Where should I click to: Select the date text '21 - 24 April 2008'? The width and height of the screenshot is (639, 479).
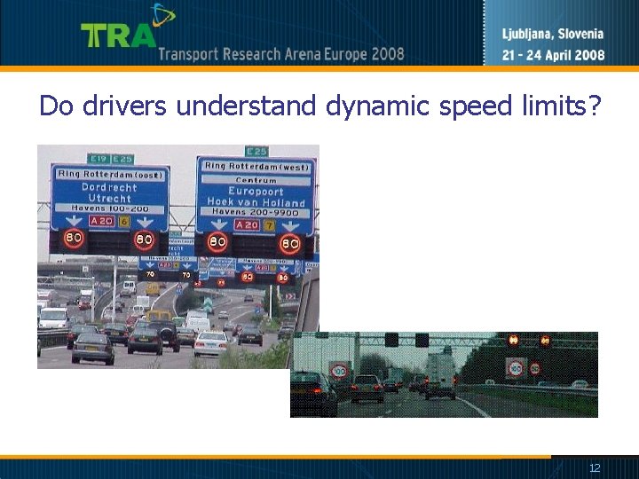point(553,55)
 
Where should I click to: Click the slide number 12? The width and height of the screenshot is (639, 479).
point(595,467)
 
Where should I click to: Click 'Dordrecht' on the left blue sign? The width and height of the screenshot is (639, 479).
point(109,187)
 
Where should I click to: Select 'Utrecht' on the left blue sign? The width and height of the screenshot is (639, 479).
point(109,198)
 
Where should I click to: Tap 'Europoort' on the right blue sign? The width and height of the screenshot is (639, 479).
point(256,191)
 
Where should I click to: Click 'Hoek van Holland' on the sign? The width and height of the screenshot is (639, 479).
point(256,202)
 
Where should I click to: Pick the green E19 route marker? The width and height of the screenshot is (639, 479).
point(98,159)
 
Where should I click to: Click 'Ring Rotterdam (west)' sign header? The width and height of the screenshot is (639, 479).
point(256,166)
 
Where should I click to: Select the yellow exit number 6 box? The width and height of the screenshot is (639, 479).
point(124,221)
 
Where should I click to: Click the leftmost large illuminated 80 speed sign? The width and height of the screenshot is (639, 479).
point(73,239)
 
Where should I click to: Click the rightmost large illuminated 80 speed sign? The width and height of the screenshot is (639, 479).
point(290,242)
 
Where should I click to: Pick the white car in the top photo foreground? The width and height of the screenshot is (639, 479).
point(210,343)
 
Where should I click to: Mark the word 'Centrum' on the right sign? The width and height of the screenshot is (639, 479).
point(256,179)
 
